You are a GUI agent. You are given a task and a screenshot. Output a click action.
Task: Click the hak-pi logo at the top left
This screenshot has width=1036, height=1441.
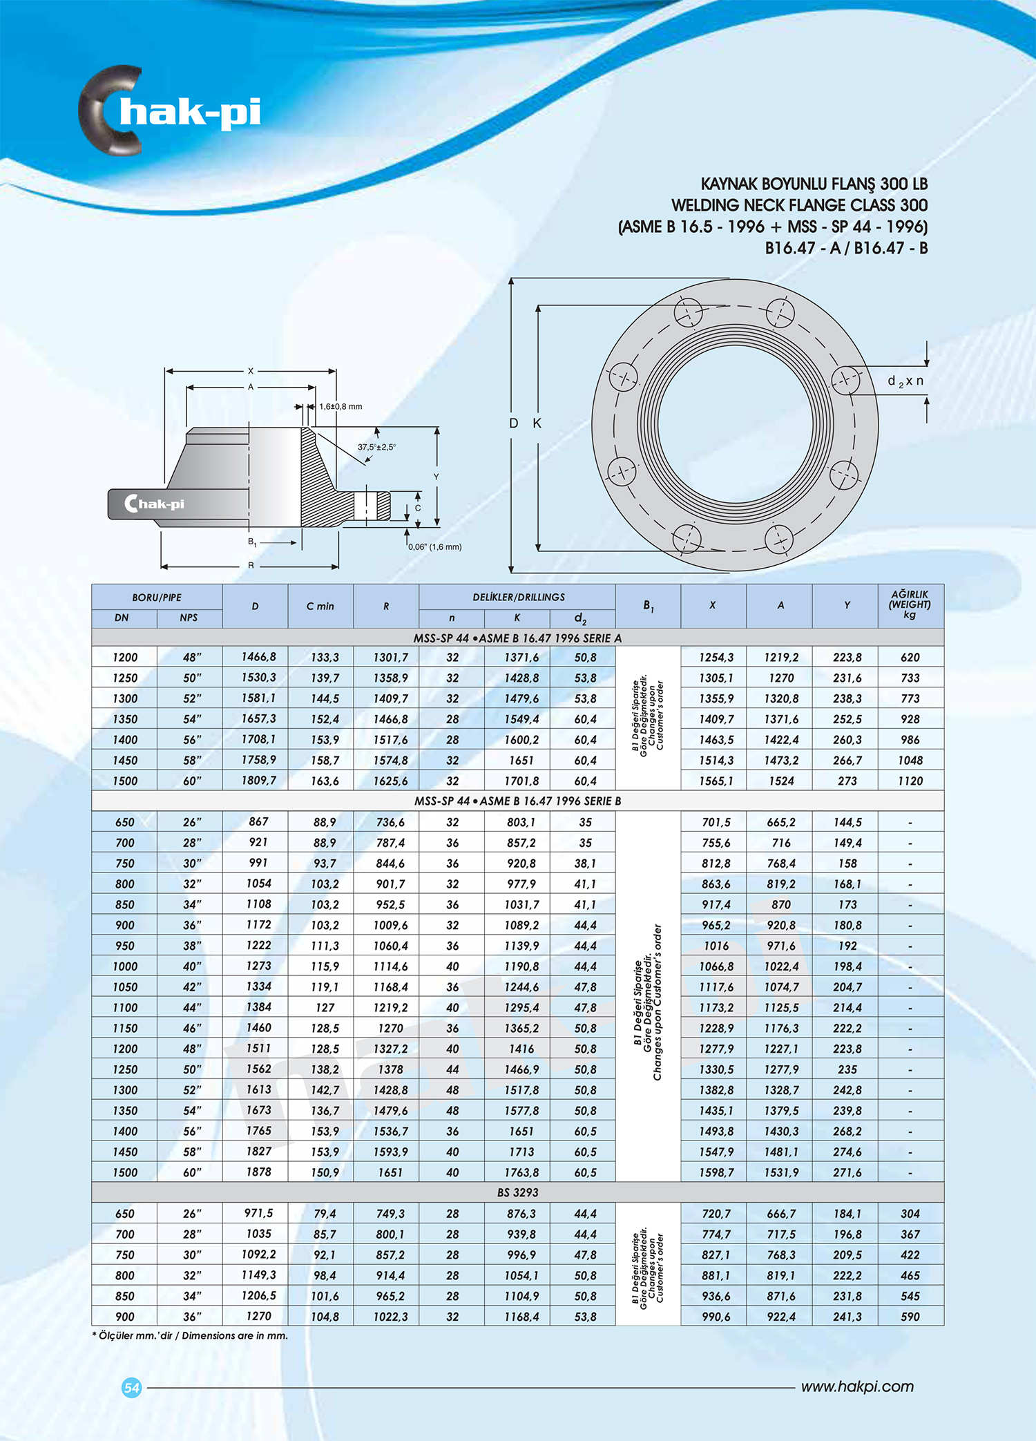pyautogui.click(x=169, y=111)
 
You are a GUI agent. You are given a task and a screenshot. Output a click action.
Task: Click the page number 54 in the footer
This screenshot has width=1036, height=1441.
pyautogui.click(x=131, y=1387)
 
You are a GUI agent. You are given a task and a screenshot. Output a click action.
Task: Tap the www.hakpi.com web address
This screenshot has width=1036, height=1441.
pyautogui.click(x=857, y=1386)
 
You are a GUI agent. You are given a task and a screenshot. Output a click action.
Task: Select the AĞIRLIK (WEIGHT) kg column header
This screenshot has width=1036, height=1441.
pyautogui.click(x=910, y=604)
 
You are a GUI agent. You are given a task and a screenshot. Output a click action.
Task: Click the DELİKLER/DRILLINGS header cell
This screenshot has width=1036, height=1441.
pyautogui.click(x=518, y=597)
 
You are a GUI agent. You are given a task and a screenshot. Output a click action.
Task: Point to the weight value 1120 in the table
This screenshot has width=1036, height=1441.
pyautogui.click(x=910, y=781)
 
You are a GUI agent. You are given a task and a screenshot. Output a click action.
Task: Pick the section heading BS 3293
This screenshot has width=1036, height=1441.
pyautogui.click(x=517, y=1192)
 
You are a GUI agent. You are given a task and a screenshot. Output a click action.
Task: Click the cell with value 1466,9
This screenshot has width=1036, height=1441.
pyautogui.click(x=521, y=1069)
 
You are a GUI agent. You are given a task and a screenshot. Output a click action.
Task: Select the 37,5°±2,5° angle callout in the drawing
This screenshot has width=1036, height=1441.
pyautogui.click(x=376, y=447)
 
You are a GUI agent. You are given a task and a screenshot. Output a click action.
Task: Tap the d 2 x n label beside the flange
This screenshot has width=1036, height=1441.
pyautogui.click(x=905, y=381)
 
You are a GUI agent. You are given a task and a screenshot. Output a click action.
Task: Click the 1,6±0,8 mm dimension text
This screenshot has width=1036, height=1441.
pyautogui.click(x=340, y=406)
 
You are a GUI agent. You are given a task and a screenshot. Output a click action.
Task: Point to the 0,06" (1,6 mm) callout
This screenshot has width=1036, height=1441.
pyautogui.click(x=434, y=546)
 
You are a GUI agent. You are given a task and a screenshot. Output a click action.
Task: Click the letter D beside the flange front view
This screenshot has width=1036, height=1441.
pyautogui.click(x=513, y=423)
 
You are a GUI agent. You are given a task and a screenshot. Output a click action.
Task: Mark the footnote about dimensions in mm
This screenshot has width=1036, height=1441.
pyautogui.click(x=190, y=1335)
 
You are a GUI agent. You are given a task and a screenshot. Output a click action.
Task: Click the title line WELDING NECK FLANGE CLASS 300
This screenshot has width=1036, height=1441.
pyautogui.click(x=799, y=205)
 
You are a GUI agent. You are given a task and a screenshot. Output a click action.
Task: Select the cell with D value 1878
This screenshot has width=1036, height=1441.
pyautogui.click(x=258, y=1172)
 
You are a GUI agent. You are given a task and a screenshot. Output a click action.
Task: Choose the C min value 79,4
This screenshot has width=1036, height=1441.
pyautogui.click(x=325, y=1213)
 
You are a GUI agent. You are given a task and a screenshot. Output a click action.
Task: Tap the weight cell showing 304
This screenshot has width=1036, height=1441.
pyautogui.click(x=910, y=1213)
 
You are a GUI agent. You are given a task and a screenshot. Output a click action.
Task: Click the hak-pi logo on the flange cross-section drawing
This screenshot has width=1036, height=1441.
pyautogui.click(x=155, y=504)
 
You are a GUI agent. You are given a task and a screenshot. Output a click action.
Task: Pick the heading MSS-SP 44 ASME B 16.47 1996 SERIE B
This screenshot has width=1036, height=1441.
pyautogui.click(x=517, y=801)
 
